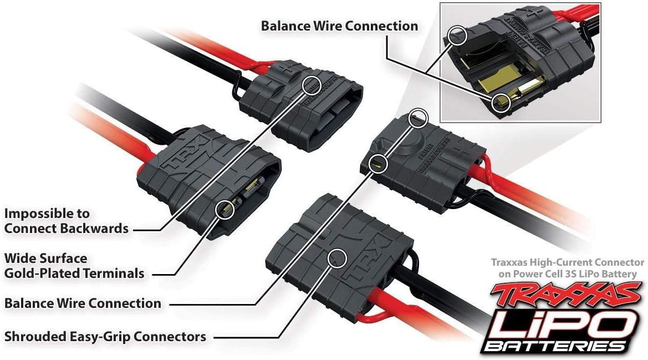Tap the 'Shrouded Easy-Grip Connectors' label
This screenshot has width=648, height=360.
(x=105, y=336)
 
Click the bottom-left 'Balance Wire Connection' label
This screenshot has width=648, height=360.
(x=83, y=303)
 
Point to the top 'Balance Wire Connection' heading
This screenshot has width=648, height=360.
(x=339, y=26)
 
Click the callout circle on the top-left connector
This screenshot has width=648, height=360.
(x=312, y=85)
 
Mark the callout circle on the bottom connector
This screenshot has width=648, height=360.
(x=336, y=257)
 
